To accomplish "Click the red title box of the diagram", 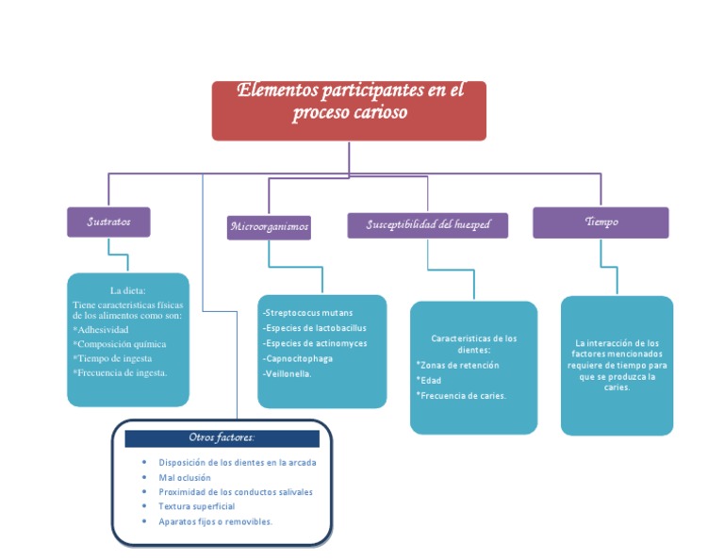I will [349, 110].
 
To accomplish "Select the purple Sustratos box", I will [108, 222].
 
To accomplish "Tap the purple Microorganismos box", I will [269, 227].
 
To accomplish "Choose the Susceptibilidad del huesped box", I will [427, 224].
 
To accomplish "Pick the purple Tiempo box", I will [601, 222].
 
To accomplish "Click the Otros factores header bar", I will [222, 438].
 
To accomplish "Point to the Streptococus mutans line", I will [308, 312].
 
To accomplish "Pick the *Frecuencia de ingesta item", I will [120, 373].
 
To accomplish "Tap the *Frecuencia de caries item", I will [461, 396].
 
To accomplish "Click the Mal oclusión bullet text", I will [185, 478].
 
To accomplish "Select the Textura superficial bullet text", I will [196, 506].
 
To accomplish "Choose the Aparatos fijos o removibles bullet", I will [215, 521].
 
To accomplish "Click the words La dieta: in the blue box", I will [127, 290].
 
